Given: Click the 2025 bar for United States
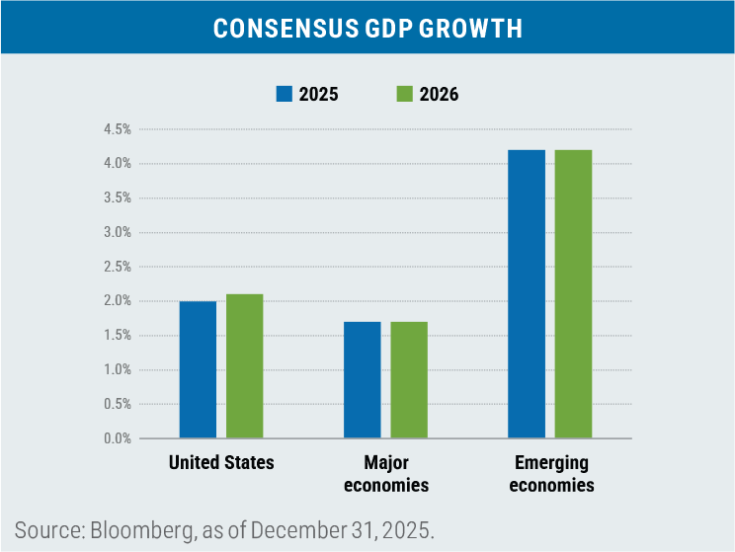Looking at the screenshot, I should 198,369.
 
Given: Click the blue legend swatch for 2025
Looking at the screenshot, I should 285,95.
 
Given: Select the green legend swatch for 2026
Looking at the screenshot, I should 404,95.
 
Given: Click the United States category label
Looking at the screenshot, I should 221,462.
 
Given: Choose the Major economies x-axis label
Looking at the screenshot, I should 385,473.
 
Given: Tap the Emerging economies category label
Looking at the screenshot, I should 550,473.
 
